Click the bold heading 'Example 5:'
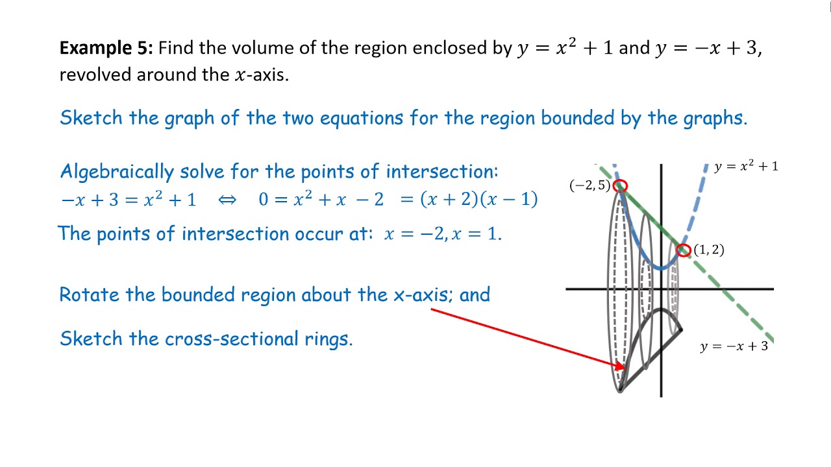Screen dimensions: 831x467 [x=106, y=49]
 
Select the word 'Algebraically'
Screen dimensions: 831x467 [x=117, y=172]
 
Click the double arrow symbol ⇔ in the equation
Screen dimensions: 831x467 [x=227, y=200]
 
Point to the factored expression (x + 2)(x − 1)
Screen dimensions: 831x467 [x=478, y=199]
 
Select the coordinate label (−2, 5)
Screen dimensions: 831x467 [x=590, y=185]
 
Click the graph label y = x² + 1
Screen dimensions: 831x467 [x=746, y=167]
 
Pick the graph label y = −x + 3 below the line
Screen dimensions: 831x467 [x=734, y=346]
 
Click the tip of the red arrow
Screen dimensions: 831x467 [x=626, y=368]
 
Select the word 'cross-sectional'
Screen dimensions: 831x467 [x=232, y=339]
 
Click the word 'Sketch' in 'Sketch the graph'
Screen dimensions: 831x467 [x=91, y=118]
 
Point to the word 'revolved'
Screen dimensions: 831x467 [x=95, y=75]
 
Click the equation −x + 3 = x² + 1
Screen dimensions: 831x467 [x=129, y=200]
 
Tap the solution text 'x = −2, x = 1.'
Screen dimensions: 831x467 [x=443, y=234]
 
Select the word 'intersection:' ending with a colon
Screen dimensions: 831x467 [x=442, y=172]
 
